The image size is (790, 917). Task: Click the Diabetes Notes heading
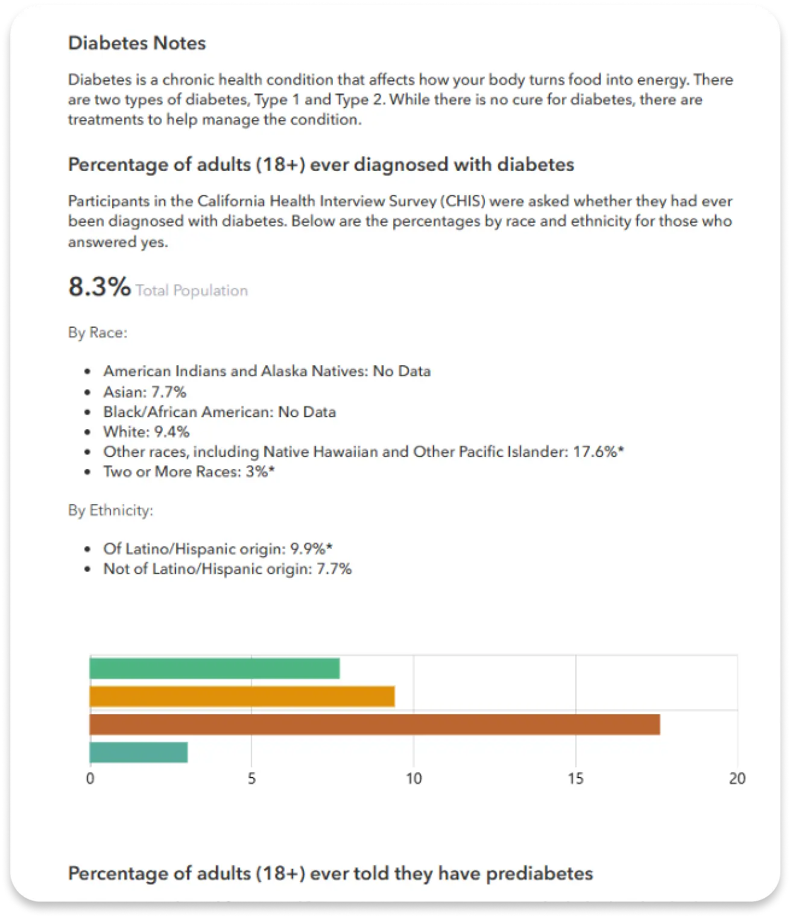coord(137,43)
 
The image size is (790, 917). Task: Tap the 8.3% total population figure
coord(100,287)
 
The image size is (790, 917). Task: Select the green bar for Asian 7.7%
coord(214,668)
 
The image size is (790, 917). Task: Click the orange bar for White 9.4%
coord(242,696)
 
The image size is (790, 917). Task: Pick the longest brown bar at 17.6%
coord(374,724)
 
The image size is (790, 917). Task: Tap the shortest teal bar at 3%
coord(138,752)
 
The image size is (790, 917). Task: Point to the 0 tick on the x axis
coord(90,779)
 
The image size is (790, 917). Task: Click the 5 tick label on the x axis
coord(251,779)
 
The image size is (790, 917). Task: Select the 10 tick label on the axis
coord(414,779)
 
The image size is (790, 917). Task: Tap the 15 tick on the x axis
coord(575,779)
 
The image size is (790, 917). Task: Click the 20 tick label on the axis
coord(737,779)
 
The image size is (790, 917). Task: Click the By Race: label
coord(98,333)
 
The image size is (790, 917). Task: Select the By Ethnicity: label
coord(110,510)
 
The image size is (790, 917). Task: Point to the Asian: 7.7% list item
coord(145,392)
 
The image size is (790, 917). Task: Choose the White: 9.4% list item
coord(147,432)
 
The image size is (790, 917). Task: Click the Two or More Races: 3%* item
coord(189,471)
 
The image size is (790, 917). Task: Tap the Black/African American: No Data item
coord(220,412)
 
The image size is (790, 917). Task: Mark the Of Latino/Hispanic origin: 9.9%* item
coord(218,549)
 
